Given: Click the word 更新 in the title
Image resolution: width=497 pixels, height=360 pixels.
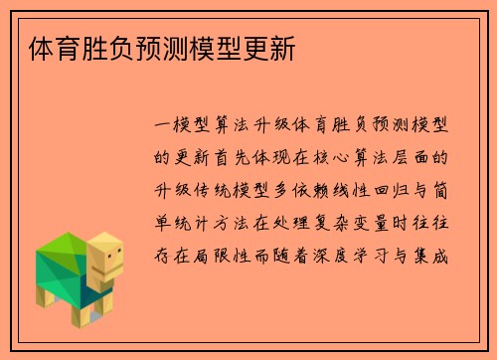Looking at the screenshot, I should click(270, 47).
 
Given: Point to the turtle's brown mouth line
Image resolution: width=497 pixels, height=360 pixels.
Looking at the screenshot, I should click(111, 270).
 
